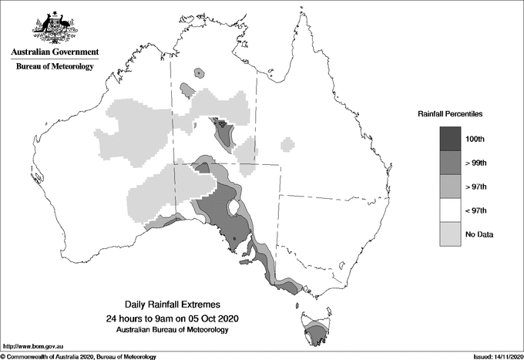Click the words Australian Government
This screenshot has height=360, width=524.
point(55,52)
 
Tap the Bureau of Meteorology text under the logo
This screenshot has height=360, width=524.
point(55,66)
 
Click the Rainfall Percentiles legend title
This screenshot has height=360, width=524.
point(450,113)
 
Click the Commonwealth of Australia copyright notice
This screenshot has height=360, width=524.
point(79,356)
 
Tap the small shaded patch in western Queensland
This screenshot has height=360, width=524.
point(287,144)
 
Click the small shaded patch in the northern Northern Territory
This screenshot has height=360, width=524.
point(200,74)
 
